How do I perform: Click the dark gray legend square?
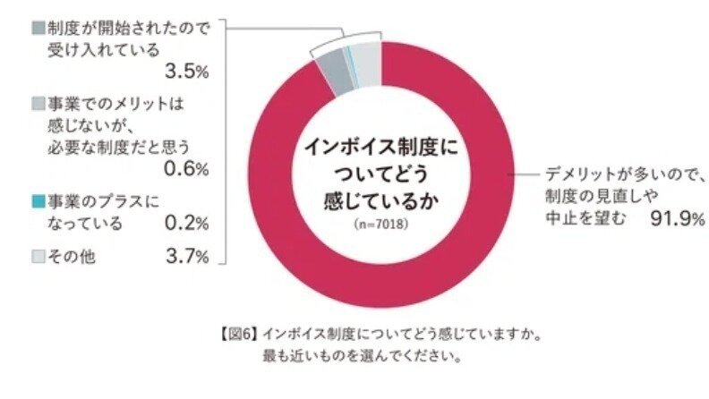click(37, 28)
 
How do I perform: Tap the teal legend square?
click(37, 198)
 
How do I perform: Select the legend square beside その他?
click(37, 258)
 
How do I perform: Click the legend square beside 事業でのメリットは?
click(37, 103)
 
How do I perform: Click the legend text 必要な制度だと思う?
click(117, 146)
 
